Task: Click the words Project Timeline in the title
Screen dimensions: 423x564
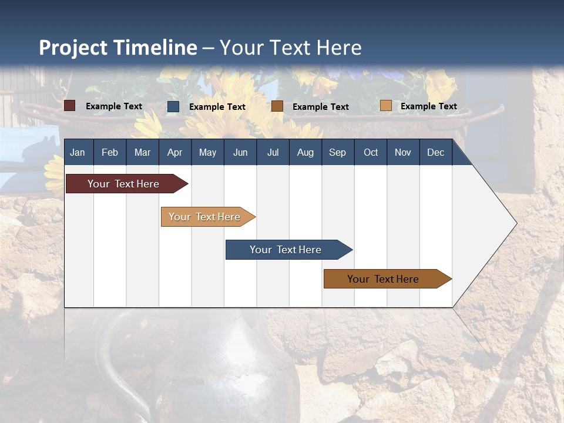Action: point(117,48)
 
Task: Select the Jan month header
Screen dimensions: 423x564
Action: point(78,152)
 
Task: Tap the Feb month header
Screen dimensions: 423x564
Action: point(110,152)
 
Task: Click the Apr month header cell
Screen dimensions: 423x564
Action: point(174,152)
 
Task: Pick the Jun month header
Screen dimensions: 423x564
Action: point(240,152)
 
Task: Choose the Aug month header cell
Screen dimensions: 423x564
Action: point(305,152)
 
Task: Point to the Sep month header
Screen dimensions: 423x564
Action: point(337,152)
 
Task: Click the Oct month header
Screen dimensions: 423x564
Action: point(371,152)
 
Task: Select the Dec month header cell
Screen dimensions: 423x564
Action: point(435,152)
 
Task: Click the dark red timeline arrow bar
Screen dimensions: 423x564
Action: point(124,184)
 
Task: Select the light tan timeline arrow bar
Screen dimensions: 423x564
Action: point(205,217)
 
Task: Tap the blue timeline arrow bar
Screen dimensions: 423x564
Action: point(286,250)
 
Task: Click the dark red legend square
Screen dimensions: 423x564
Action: point(70,106)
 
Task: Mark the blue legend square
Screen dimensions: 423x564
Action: point(173,106)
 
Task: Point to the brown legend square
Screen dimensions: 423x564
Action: point(277,106)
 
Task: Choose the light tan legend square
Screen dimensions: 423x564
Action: point(385,106)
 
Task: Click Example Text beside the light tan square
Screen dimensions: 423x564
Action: point(428,106)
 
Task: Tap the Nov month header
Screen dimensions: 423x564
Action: point(403,152)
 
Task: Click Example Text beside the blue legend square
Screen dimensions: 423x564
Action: point(217,107)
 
